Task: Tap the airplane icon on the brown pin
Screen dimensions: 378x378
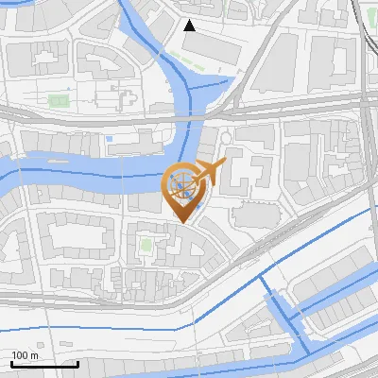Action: click(x=211, y=172)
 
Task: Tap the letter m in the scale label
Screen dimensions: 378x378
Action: click(x=35, y=355)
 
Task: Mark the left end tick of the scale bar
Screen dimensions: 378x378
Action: click(x=11, y=362)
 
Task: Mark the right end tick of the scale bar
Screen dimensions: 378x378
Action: click(x=77, y=362)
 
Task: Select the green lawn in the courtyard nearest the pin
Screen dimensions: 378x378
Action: click(x=146, y=246)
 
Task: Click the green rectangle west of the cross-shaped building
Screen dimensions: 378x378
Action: click(x=59, y=99)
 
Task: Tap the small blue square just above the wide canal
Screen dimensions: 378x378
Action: click(x=110, y=141)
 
